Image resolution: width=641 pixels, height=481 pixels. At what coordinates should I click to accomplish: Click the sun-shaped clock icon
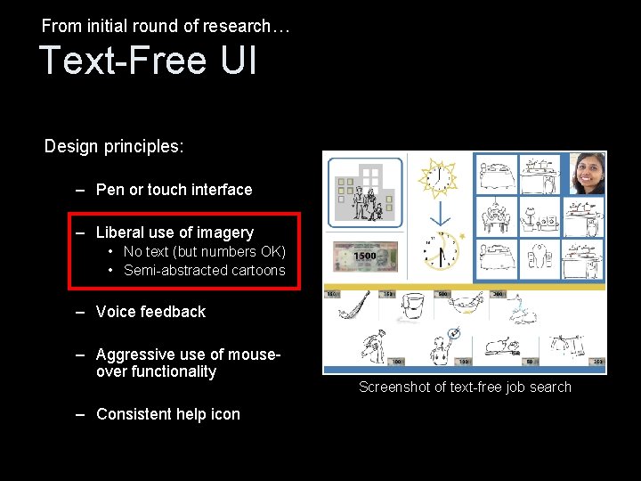(438, 177)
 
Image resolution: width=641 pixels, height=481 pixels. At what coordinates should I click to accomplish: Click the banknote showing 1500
(364, 257)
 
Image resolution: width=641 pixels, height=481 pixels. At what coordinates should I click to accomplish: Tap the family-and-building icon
(365, 192)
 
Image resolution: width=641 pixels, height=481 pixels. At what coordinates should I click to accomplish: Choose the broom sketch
(353, 309)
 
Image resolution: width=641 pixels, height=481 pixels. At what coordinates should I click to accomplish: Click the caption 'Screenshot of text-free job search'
(465, 387)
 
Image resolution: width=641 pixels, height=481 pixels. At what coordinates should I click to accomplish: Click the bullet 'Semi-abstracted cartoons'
(204, 271)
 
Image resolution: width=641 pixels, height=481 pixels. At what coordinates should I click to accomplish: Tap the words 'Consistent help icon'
(167, 414)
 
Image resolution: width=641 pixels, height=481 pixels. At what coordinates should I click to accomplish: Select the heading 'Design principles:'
(114, 146)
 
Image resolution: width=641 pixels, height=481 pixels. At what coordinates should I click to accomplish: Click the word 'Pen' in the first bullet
(110, 190)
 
